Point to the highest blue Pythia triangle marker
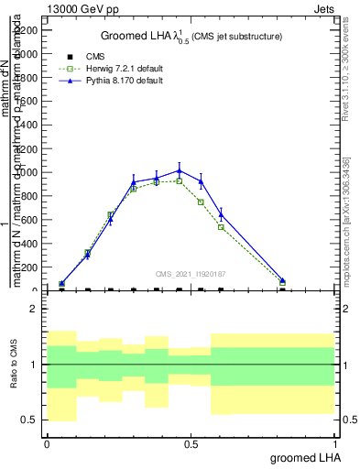pyautogui.click(x=180, y=170)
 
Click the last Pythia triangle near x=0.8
pyautogui.click(x=282, y=280)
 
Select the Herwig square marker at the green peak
pyautogui.click(x=180, y=180)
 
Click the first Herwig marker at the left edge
pyautogui.click(x=61, y=284)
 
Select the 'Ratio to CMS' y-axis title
pyautogui.click(x=12, y=365)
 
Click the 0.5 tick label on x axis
pyautogui.click(x=191, y=443)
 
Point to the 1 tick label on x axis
pyautogui.click(x=334, y=443)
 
